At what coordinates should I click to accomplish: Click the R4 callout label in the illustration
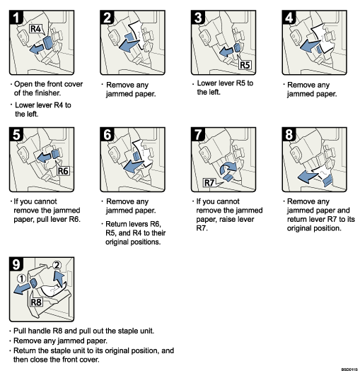pos(38,30)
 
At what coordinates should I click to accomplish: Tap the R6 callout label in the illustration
pos(61,170)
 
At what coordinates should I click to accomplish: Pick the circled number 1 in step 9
pos(21,278)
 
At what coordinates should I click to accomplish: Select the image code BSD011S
pos(348,369)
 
